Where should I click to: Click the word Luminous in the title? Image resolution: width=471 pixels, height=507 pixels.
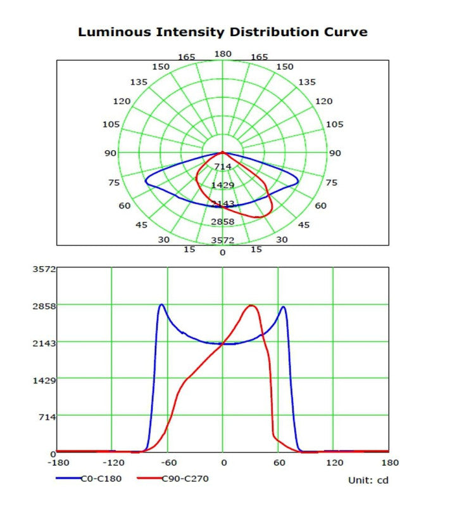109,32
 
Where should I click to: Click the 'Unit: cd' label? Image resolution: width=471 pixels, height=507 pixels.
368,480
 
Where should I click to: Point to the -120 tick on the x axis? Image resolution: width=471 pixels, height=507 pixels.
112,463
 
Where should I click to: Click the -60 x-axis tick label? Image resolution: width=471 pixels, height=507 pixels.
167,463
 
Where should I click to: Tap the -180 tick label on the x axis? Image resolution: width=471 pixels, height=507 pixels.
57,463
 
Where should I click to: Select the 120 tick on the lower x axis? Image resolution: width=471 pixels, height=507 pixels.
333,463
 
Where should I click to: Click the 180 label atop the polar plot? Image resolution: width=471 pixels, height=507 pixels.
222,55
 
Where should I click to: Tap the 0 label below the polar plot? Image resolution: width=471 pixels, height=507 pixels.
222,252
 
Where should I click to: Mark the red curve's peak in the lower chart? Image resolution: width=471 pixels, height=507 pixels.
251,305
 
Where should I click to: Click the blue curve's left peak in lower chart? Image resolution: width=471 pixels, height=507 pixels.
161,305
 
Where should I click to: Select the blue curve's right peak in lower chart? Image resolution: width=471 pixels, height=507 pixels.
283,307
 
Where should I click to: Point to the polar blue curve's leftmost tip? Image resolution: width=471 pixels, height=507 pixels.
146,181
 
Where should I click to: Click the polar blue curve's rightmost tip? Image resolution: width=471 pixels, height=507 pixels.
298,181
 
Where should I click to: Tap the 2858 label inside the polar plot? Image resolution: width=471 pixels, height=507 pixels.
223,222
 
